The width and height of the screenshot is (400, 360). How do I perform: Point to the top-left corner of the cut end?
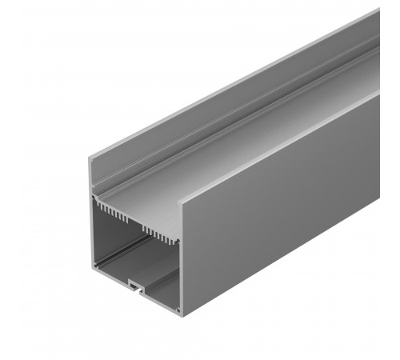tap(89, 158)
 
